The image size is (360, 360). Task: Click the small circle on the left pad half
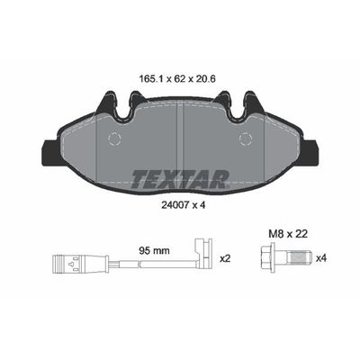click(114, 139)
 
